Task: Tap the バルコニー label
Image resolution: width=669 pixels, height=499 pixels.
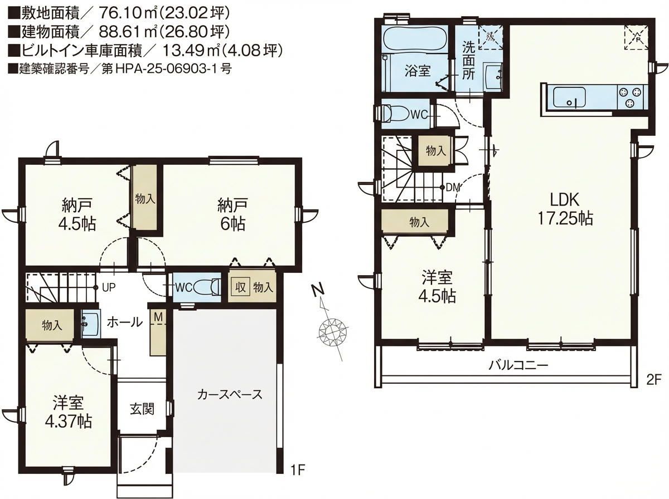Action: [x=518, y=365]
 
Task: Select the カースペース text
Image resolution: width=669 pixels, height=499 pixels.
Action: [x=230, y=394]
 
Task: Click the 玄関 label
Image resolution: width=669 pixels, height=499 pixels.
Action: [x=142, y=409]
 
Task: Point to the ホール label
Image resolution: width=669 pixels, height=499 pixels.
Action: [x=125, y=322]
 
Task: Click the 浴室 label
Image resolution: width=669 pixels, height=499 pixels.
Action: [x=418, y=71]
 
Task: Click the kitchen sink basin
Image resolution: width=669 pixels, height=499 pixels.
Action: [x=569, y=97]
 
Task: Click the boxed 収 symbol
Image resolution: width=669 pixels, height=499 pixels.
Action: [x=240, y=287]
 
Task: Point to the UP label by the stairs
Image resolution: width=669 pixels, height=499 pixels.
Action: [x=109, y=288]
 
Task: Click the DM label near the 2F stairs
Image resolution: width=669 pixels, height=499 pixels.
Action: [x=452, y=188]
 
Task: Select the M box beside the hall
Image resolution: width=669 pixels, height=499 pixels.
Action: [x=158, y=317]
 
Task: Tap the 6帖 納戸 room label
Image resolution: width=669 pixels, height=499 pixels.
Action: [x=232, y=214]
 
